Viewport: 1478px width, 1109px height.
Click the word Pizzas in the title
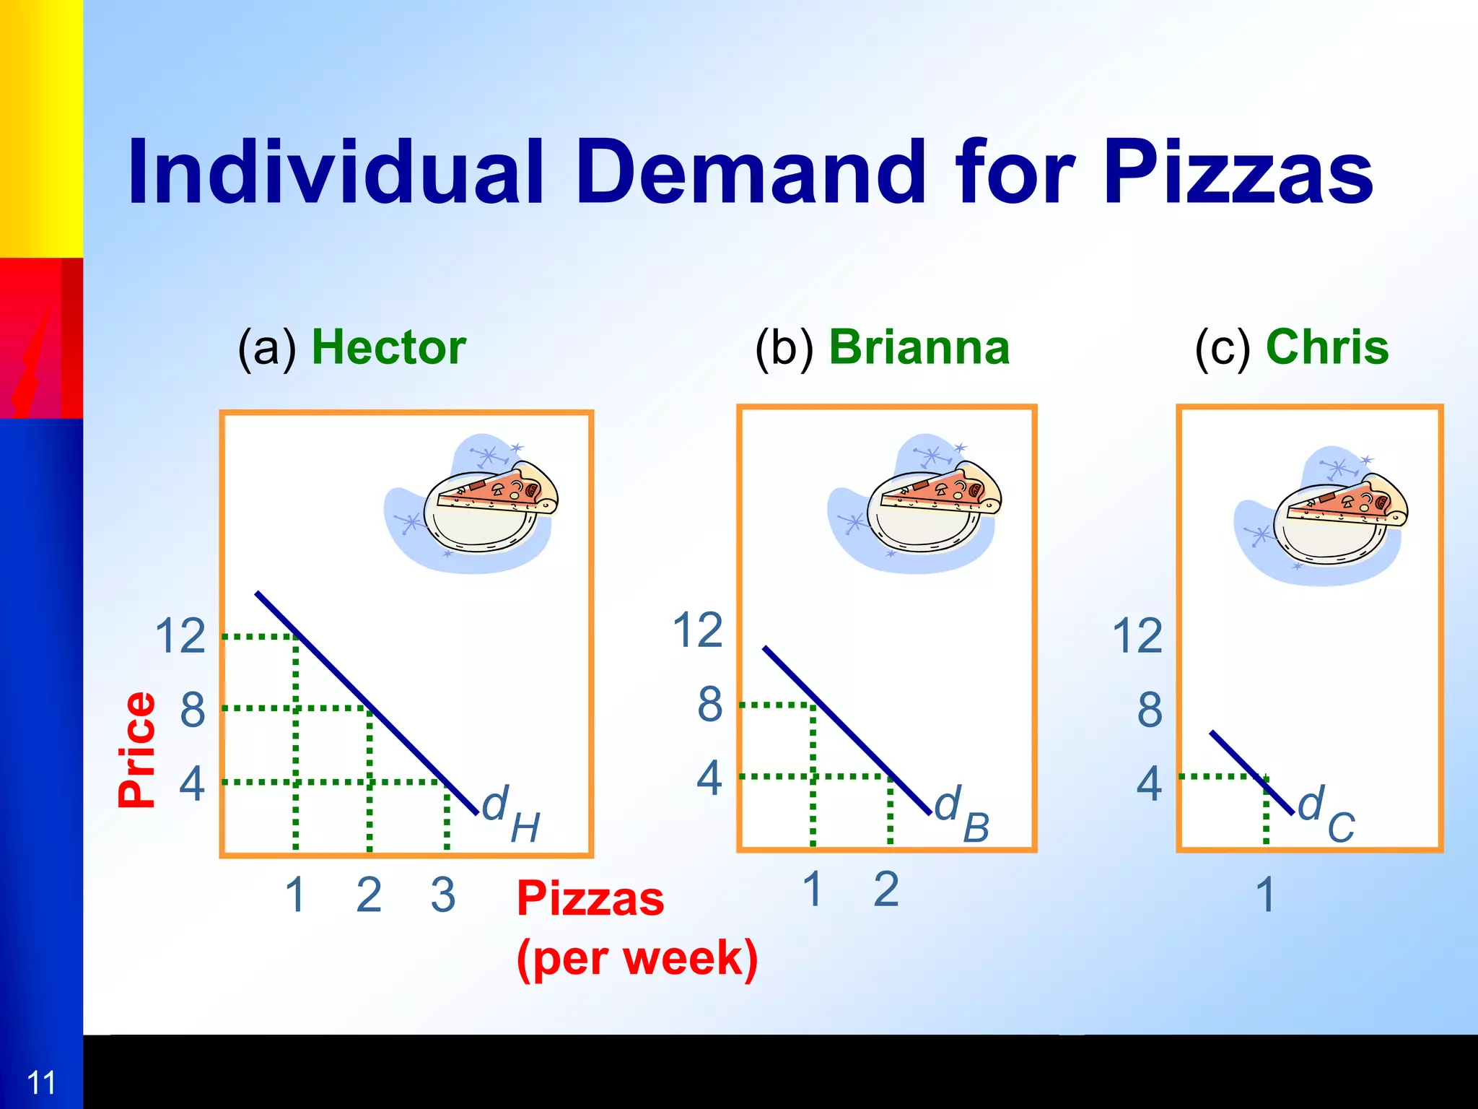click(1238, 173)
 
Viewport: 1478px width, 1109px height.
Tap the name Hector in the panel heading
click(388, 348)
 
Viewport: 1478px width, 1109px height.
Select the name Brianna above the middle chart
click(919, 348)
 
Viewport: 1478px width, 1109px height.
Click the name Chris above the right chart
click(1326, 348)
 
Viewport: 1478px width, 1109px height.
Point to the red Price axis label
click(137, 749)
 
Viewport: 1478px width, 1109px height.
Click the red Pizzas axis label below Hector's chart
click(590, 899)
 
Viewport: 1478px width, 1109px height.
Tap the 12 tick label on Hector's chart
click(180, 636)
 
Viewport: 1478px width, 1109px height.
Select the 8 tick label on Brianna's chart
click(709, 705)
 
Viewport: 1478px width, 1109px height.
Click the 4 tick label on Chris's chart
click(1149, 784)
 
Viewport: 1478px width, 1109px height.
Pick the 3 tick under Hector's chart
click(443, 896)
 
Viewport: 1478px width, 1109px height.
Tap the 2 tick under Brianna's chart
click(886, 890)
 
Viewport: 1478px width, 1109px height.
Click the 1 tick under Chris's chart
click(1265, 896)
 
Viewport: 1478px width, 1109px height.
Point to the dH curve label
click(510, 814)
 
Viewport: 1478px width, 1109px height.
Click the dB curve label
click(961, 814)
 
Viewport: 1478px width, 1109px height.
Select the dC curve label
click(1326, 814)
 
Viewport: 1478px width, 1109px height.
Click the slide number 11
click(40, 1083)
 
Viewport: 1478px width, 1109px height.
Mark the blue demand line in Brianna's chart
click(844, 729)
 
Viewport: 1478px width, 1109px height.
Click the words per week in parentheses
click(637, 959)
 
